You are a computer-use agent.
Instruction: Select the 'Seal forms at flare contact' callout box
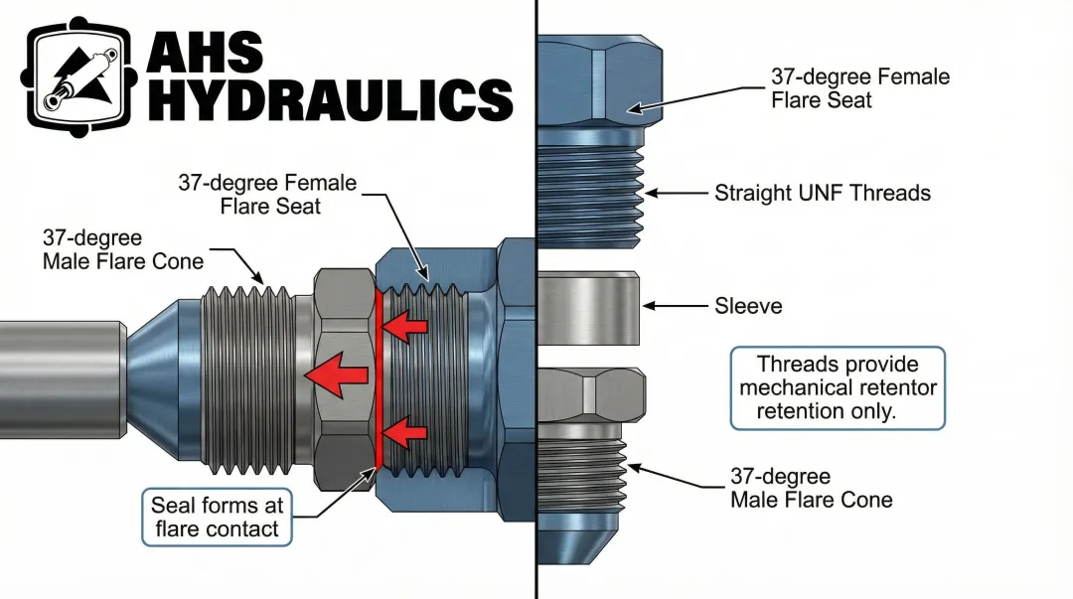[217, 517]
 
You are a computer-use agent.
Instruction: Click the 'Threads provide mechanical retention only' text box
[838, 388]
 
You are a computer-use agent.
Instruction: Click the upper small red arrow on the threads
[405, 325]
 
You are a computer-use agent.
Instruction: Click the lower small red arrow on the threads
[405, 432]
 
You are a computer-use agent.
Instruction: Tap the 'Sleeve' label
[748, 306]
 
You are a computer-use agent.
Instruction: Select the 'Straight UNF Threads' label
[823, 193]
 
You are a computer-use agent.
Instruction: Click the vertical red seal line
[379, 377]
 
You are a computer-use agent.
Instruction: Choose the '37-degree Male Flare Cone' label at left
[122, 250]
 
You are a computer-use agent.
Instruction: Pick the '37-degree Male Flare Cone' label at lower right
[811, 488]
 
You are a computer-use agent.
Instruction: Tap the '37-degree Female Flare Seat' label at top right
[859, 88]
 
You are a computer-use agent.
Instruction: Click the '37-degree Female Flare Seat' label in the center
[267, 195]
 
